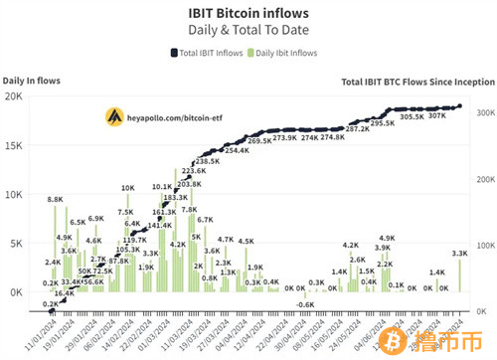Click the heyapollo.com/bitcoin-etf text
(184, 116)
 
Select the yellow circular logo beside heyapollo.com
(117, 116)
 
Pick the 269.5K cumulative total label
(260, 142)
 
